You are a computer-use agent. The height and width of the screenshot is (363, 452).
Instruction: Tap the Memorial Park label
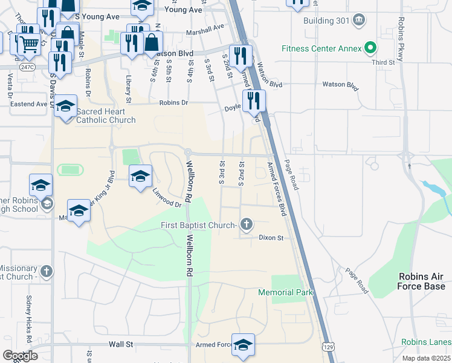285,292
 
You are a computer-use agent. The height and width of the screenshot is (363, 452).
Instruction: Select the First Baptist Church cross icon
246,226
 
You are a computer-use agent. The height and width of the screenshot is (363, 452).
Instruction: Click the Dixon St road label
271,238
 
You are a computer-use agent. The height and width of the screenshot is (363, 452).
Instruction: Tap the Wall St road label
121,344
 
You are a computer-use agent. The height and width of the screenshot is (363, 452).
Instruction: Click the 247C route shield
27,67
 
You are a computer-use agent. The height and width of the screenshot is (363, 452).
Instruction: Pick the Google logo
20,356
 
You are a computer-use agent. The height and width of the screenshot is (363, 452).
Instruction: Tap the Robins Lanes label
425,342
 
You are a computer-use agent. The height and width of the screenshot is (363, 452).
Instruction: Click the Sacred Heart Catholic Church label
101,116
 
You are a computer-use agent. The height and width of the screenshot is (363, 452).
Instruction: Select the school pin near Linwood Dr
141,176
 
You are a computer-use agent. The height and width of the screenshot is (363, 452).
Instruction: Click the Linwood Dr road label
167,200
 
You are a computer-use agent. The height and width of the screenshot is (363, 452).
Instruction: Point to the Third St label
383,62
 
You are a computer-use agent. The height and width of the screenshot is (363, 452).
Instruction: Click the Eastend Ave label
28,104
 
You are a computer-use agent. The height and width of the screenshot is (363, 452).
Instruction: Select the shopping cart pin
30,44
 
